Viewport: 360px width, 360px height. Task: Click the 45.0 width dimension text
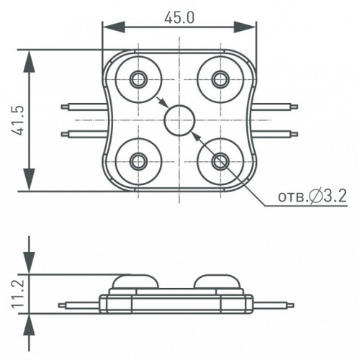coord(179,18)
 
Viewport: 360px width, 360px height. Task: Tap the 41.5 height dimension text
coord(18,120)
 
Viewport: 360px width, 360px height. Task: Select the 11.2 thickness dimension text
coord(18,294)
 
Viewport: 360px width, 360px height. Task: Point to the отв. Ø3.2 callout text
coord(312,197)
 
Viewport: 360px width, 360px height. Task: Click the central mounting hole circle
coord(179,120)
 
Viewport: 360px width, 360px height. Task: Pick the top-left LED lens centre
coord(138,79)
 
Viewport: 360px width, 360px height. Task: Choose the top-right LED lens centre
coord(220,79)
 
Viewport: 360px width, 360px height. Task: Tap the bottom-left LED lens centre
coord(138,161)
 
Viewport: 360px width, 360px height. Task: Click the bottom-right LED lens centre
coord(220,161)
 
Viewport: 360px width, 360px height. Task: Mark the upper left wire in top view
coord(84,107)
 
